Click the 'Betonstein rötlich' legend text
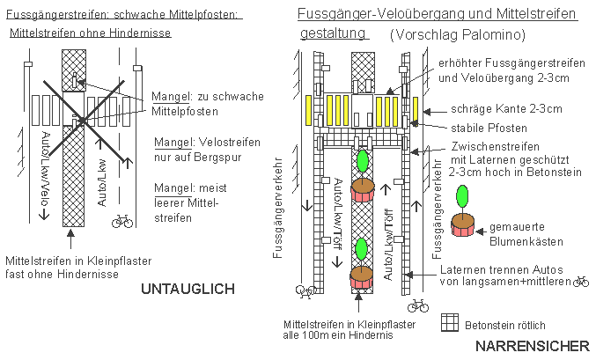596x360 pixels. tap(505, 323)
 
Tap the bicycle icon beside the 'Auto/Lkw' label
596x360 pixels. tap(121, 222)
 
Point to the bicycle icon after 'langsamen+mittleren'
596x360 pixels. tap(580, 282)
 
